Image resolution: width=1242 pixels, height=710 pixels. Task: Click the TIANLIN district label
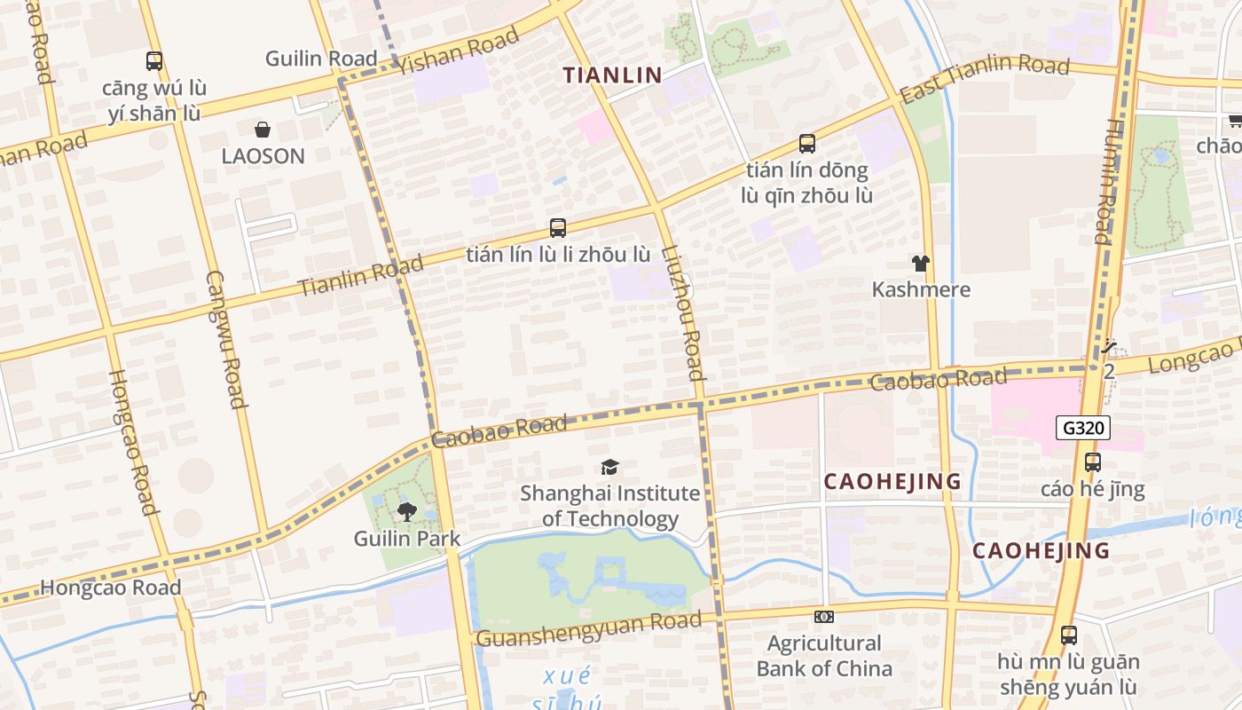coord(613,75)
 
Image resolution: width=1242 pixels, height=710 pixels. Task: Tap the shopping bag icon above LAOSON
coord(263,130)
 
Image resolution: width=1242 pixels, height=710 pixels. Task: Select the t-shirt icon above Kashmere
coord(921,264)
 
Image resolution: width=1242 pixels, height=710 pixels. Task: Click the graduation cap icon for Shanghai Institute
coord(609,468)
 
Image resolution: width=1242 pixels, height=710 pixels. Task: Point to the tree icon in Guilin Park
coord(407,512)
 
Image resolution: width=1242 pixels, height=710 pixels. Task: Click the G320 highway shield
coord(1083,429)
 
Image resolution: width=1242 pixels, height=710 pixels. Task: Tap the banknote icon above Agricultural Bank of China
coord(823,617)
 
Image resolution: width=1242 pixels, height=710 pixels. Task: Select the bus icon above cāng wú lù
coord(154,61)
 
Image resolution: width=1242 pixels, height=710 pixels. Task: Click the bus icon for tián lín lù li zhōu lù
coord(558,228)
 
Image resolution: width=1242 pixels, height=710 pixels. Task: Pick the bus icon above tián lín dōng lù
coord(807,143)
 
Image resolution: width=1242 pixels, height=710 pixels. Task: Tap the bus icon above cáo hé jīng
coord(1093,462)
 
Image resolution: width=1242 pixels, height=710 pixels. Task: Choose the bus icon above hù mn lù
coord(1069,635)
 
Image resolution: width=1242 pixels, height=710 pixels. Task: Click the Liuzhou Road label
coord(684,312)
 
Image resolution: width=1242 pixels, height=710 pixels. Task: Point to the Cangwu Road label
coord(225,339)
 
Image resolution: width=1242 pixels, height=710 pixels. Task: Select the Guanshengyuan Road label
coord(589,629)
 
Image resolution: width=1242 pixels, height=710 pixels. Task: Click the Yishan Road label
coord(459,51)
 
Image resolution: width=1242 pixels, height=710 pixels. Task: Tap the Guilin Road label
coord(321,59)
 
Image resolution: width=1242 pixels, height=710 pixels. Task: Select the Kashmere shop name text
coord(921,289)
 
